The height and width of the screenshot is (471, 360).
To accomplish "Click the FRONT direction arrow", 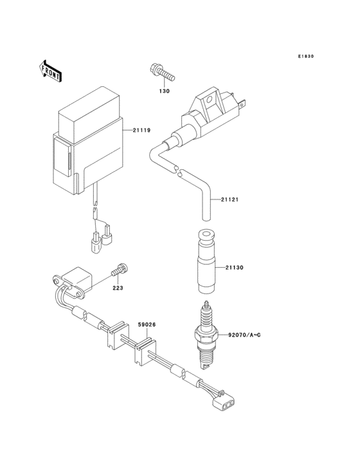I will [51, 70].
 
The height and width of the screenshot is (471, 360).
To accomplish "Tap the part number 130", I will [164, 91].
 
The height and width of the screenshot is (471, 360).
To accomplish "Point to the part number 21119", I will [141, 131].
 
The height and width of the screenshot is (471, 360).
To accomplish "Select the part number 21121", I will [230, 199].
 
